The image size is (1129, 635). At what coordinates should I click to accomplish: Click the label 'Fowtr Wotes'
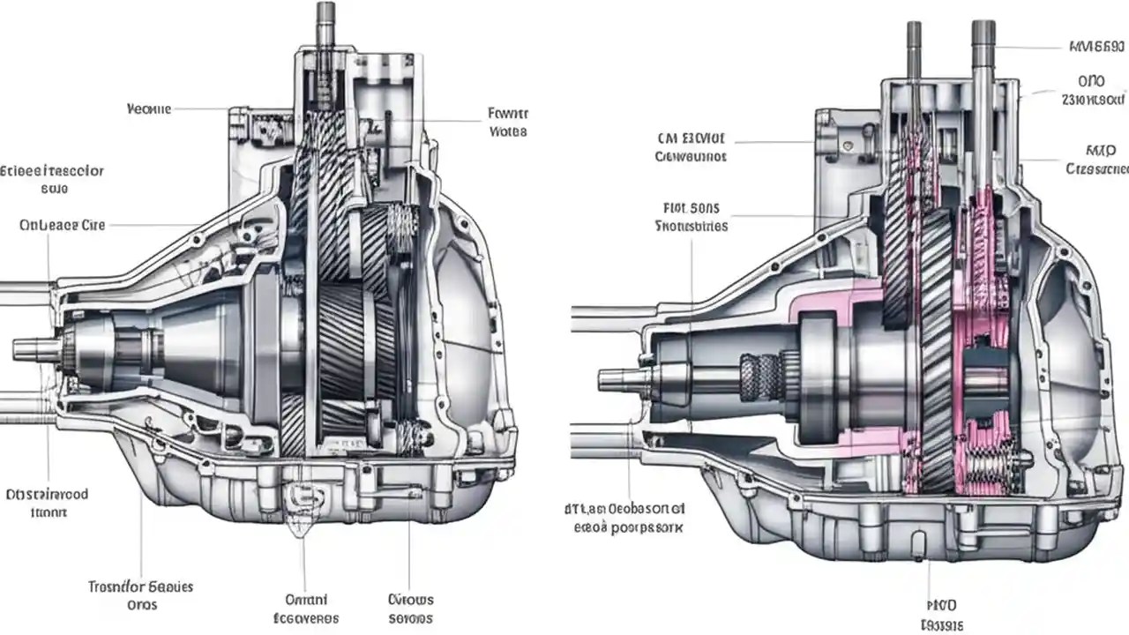507,123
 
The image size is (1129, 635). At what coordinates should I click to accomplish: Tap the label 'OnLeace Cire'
62,225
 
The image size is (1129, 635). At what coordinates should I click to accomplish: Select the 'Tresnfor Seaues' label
141,595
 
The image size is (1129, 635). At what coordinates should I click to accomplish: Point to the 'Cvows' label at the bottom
411,609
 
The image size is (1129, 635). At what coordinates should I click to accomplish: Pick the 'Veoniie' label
148,109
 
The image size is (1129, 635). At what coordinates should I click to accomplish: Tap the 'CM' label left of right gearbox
691,147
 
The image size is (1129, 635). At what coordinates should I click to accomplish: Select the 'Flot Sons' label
692,217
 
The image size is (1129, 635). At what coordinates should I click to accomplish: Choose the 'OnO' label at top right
1092,88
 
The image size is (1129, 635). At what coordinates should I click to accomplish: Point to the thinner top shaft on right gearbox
914,49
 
